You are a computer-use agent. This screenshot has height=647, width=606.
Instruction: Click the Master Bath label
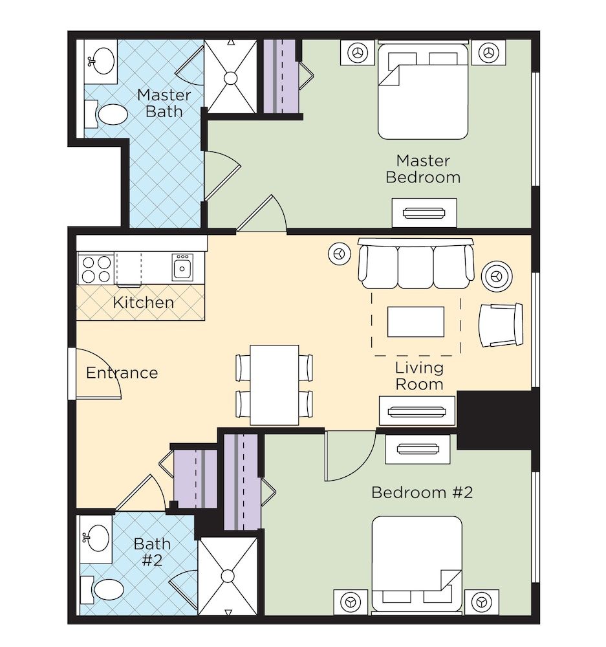(164, 104)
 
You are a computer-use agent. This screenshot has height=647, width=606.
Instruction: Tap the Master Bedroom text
(423, 168)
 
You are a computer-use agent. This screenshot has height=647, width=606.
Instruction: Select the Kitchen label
(143, 302)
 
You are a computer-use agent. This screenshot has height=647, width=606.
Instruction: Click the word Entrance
(122, 373)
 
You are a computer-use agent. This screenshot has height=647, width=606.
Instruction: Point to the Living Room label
(419, 376)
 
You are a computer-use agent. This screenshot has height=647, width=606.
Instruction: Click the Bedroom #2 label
(422, 492)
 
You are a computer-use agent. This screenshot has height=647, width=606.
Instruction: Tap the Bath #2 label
(152, 551)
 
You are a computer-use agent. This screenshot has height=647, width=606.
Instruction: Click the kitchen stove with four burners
(96, 269)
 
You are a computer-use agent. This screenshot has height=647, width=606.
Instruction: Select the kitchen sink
(182, 267)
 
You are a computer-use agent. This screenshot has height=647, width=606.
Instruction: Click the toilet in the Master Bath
(111, 115)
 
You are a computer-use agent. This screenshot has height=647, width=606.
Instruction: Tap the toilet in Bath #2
(106, 590)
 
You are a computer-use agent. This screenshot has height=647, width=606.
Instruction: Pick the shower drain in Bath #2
(228, 575)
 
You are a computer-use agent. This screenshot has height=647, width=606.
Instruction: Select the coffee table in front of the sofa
(415, 322)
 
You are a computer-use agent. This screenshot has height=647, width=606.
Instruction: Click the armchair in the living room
(500, 325)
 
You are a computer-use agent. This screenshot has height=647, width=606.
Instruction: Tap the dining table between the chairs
(274, 385)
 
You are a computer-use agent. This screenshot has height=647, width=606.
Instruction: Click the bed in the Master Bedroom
(422, 91)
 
